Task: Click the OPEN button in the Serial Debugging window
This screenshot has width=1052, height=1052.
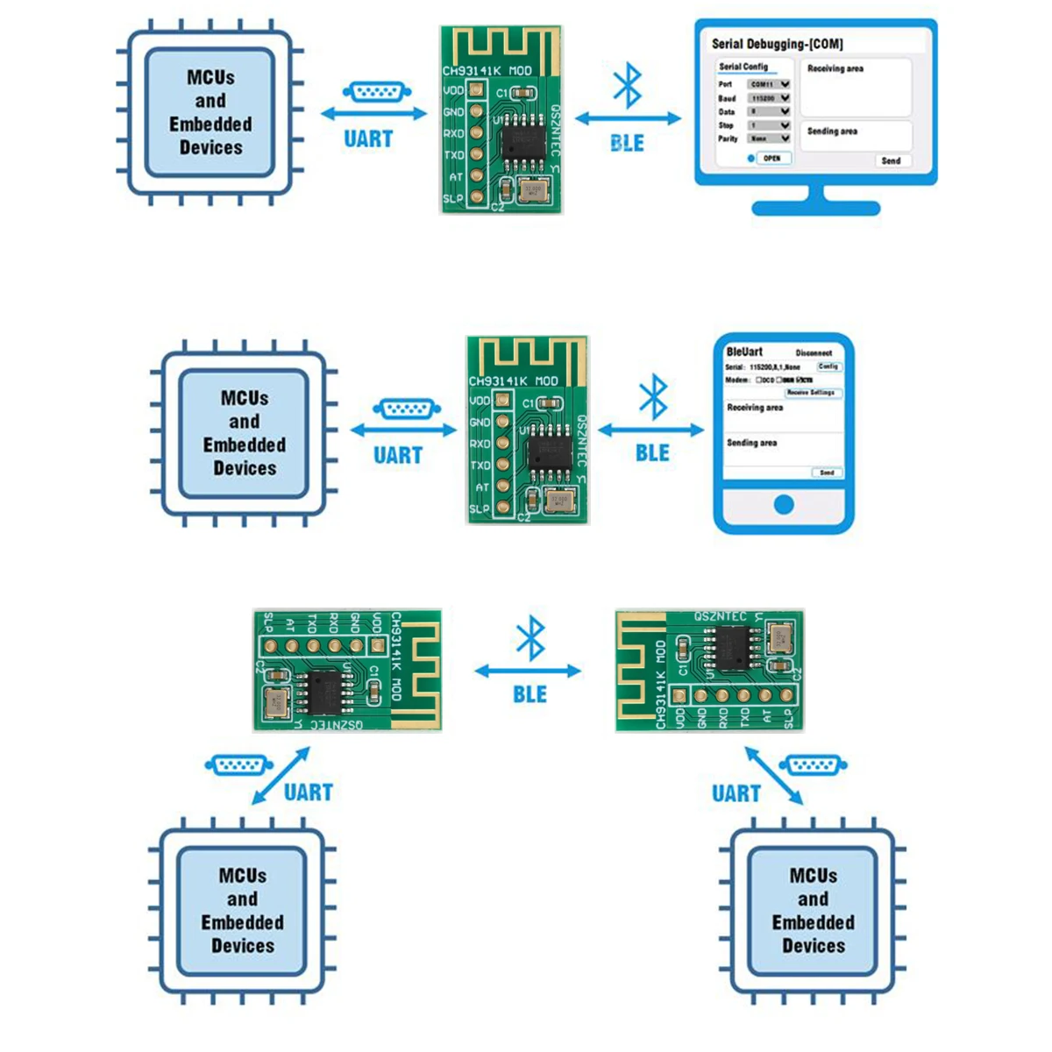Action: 771,159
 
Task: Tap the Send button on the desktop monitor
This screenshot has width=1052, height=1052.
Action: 891,160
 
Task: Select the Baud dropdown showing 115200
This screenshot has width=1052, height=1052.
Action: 769,98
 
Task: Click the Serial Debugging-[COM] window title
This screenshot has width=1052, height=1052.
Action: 777,43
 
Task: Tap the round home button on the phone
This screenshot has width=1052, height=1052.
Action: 784,504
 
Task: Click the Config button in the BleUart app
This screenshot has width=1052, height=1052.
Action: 828,366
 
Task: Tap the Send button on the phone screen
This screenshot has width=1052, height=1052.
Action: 827,473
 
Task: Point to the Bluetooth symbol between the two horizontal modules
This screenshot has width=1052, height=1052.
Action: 530,638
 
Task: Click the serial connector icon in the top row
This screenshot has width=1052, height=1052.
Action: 375,93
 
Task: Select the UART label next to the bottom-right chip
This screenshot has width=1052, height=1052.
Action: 736,793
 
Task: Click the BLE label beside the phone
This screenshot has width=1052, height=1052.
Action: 652,453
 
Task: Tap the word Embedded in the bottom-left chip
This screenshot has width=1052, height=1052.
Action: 242,922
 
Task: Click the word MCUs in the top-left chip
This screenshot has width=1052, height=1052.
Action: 210,77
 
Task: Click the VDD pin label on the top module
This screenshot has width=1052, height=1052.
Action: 453,90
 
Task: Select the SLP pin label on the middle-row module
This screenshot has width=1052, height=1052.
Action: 480,508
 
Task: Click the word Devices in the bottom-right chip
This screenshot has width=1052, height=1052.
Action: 814,946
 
